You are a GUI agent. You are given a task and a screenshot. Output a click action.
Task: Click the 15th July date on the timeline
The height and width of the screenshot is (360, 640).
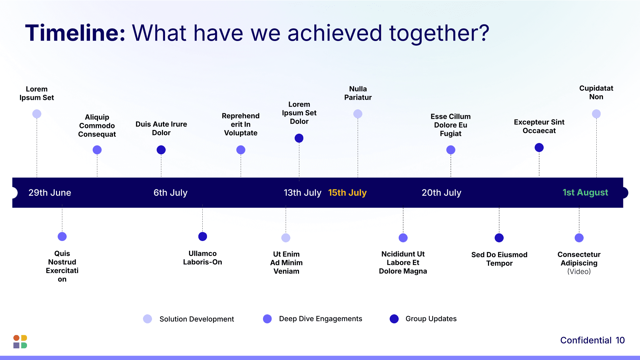coord(347,193)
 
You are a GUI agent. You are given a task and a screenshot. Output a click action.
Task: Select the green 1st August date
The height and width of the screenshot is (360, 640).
coord(585,192)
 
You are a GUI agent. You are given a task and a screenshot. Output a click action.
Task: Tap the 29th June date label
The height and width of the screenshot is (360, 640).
coord(50,193)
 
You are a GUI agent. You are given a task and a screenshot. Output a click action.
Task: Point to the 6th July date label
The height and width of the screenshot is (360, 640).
coord(170,193)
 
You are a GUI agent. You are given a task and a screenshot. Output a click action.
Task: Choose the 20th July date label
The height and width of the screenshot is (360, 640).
coord(441,193)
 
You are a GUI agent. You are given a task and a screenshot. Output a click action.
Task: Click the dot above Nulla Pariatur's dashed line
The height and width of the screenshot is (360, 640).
coord(358,114)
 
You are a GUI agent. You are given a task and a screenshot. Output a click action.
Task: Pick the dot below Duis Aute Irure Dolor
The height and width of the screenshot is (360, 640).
coord(161,150)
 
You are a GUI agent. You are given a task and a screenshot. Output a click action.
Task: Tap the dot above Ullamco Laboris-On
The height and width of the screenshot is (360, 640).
coord(203,236)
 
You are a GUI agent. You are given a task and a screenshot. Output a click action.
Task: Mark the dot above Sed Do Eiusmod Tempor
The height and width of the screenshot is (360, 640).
coord(499,238)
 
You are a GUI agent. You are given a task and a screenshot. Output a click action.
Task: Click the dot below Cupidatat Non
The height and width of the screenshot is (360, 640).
coord(596,114)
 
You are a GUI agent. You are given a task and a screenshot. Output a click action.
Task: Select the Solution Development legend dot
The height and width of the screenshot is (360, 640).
coord(147,319)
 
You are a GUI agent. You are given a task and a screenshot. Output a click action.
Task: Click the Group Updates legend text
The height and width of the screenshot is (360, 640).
coord(431,319)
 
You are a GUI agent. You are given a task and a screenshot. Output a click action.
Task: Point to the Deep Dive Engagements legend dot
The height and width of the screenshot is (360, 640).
coord(267,319)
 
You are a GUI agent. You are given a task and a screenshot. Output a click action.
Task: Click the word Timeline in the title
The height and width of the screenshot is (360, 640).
coord(75,33)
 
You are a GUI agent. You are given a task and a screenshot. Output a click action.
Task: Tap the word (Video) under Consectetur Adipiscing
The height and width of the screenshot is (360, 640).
coord(579,272)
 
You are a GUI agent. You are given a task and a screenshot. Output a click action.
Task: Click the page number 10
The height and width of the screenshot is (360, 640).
coord(620,340)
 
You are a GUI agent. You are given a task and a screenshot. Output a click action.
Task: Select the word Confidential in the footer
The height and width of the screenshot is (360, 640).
coord(586,340)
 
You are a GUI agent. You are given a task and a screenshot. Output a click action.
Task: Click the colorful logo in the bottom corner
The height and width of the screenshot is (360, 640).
coord(20,342)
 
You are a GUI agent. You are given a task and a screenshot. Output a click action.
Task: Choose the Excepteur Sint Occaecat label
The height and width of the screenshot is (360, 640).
coord(539,126)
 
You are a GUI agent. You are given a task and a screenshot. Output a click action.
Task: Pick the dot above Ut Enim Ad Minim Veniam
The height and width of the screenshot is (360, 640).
coord(286,238)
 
